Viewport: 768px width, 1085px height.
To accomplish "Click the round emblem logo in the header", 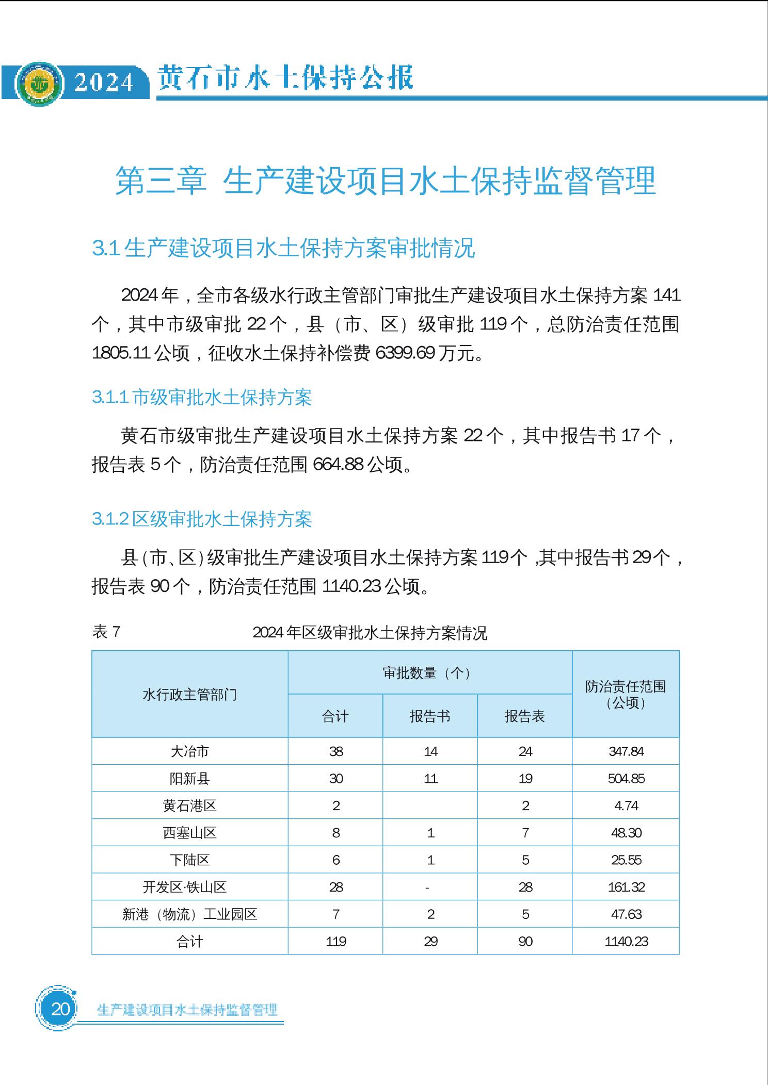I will tap(39, 83).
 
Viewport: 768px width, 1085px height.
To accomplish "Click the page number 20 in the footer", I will tap(60, 1008).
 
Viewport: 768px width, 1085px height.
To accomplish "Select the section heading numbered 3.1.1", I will tap(202, 398).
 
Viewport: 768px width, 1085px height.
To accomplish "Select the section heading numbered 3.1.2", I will tap(202, 519).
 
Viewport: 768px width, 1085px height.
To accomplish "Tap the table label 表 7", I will tap(106, 632).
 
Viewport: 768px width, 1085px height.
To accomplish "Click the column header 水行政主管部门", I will tap(189, 694).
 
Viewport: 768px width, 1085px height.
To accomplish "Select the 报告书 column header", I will tap(430, 716).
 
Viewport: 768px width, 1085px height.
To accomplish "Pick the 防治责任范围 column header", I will tap(626, 694).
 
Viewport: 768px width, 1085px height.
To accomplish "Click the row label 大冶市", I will tap(189, 751).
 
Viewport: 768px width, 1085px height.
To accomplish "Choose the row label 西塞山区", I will tap(189, 833).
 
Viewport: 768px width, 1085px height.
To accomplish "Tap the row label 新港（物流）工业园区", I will tap(189, 914).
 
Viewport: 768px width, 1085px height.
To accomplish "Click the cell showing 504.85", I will tap(626, 778).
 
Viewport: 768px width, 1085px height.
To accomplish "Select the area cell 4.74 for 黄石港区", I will tap(626, 805).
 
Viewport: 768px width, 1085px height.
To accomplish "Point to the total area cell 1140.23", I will tap(626, 942).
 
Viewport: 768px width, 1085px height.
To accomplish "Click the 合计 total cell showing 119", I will tap(335, 942).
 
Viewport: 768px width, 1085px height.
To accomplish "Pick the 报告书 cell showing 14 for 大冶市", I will tap(430, 751).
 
